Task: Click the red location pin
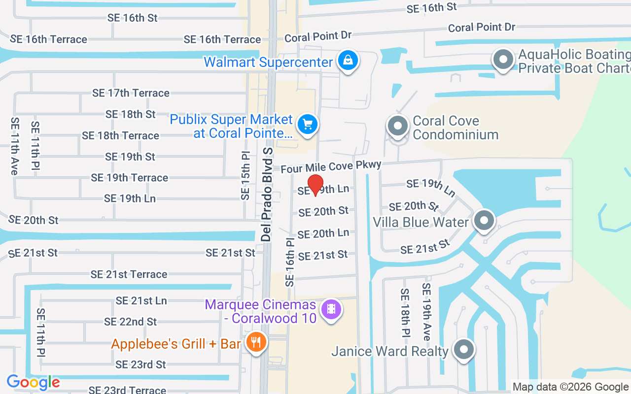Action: pyautogui.click(x=315, y=185)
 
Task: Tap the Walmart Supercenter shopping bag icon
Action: pyautogui.click(x=348, y=61)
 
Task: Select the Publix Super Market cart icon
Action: pyautogui.click(x=308, y=123)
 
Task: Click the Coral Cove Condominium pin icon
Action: pyautogui.click(x=397, y=126)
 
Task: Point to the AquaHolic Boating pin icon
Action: pyautogui.click(x=503, y=60)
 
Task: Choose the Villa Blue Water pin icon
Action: pyautogui.click(x=484, y=220)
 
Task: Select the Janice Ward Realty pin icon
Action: pyautogui.click(x=463, y=349)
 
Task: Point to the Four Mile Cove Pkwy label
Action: pyautogui.click(x=331, y=166)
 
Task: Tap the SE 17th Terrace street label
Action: pyautogui.click(x=131, y=93)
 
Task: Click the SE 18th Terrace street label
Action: pyautogui.click(x=120, y=135)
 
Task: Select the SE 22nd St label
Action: pyautogui.click(x=130, y=322)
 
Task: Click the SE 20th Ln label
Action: pyautogui.click(x=323, y=233)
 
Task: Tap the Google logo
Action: pyautogui.click(x=33, y=382)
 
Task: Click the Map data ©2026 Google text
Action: pyautogui.click(x=570, y=387)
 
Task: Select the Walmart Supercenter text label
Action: pyautogui.click(x=268, y=63)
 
